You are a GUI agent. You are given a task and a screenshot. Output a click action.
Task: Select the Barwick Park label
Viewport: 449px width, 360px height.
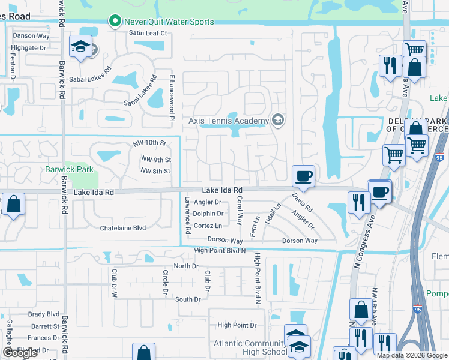69,169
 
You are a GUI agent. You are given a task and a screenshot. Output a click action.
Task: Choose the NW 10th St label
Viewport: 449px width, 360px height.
148,143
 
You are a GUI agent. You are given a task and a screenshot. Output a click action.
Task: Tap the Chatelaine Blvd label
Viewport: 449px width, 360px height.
123,228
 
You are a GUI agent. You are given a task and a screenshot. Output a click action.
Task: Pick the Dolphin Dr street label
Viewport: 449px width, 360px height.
208,213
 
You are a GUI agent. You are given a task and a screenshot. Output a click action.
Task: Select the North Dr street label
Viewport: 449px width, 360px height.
185,266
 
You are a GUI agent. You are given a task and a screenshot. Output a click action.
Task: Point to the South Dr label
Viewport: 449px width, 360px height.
188,299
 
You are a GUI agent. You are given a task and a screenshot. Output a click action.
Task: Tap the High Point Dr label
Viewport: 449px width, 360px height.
237,325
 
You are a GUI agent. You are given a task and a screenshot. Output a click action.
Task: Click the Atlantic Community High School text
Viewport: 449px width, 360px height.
251,347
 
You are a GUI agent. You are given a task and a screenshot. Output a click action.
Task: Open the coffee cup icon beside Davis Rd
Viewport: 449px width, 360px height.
303,176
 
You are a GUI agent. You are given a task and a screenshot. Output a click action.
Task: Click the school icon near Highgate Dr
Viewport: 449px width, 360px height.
80,47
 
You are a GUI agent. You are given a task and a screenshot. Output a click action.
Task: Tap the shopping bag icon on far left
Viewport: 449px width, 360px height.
13,204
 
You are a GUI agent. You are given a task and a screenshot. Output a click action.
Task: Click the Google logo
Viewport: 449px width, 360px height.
20,353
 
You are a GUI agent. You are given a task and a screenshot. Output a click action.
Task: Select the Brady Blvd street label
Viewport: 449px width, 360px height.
44,314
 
